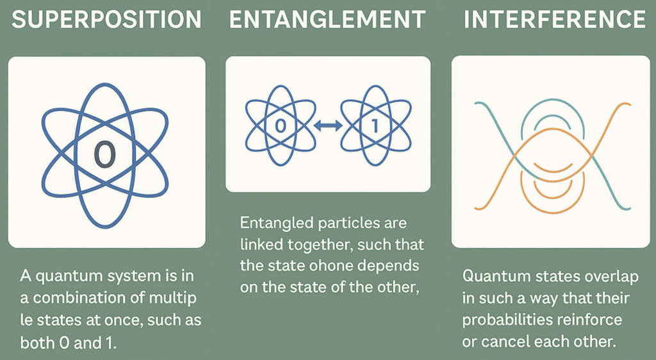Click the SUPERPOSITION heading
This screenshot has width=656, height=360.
pyautogui.click(x=106, y=19)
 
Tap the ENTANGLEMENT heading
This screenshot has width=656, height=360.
pyautogui.click(x=327, y=19)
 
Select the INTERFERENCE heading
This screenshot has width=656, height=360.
pyautogui.click(x=554, y=19)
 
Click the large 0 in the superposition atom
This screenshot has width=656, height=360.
pyautogui.click(x=104, y=155)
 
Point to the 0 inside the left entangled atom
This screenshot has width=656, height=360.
pyautogui.click(x=281, y=126)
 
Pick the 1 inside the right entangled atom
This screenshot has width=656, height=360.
pyautogui.click(x=375, y=126)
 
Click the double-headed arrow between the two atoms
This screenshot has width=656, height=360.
pyautogui.click(x=327, y=126)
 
